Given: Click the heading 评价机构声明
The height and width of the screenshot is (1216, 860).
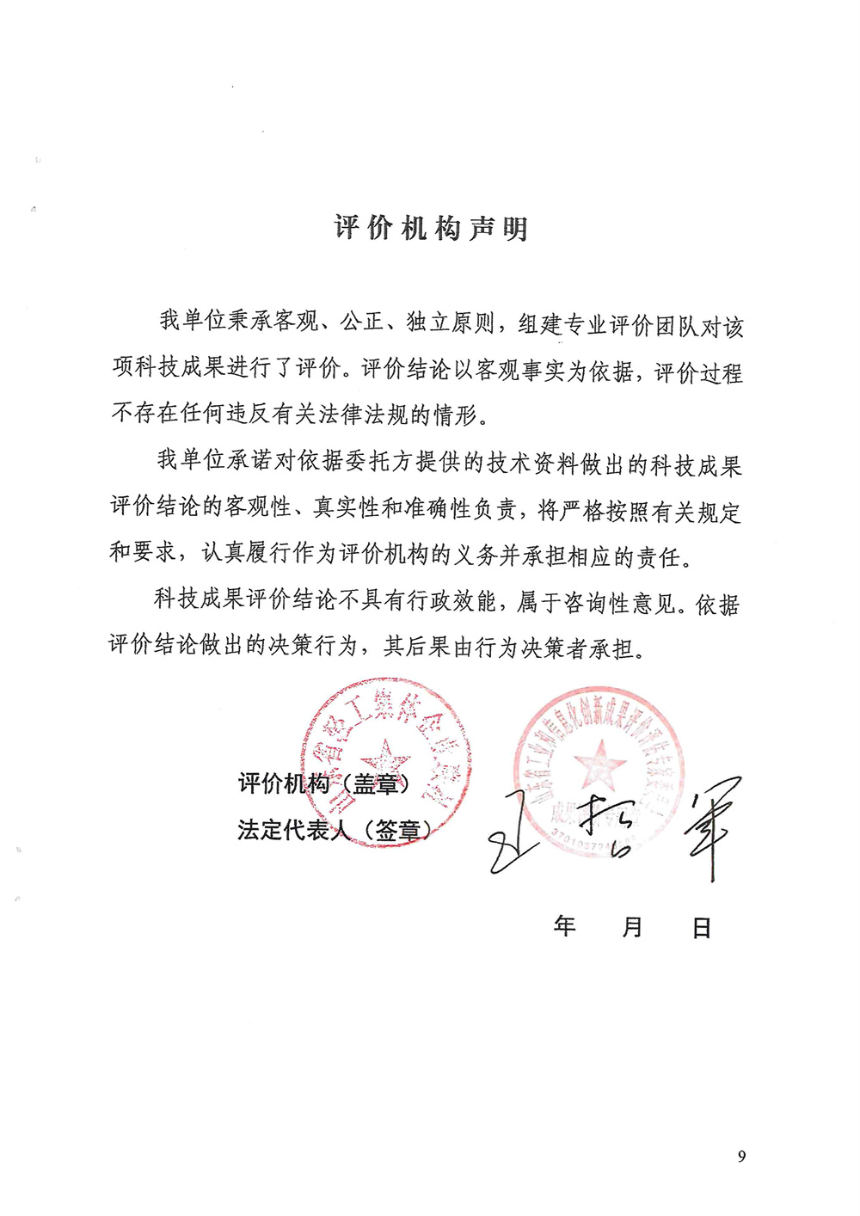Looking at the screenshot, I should coord(431,229).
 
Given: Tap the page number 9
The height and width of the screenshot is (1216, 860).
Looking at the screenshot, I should coord(741,1157).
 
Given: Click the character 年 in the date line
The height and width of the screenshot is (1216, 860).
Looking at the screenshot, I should coord(564,926).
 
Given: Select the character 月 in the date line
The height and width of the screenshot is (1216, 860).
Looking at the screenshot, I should coord(633,927).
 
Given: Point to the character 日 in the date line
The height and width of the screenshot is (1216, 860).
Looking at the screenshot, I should coord(702,928).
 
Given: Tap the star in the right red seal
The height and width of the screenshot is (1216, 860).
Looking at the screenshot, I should coord(599,764).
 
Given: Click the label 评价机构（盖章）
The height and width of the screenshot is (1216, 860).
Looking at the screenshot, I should coord(325,783).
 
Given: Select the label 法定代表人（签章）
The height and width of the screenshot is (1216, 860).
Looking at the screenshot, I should coord(335,830).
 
